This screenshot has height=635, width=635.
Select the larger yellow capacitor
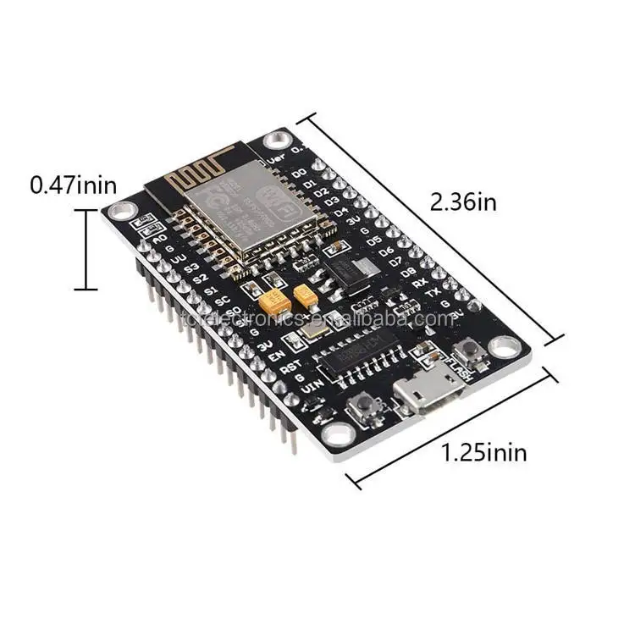click(274, 301)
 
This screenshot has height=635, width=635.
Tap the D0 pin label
click(299, 174)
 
